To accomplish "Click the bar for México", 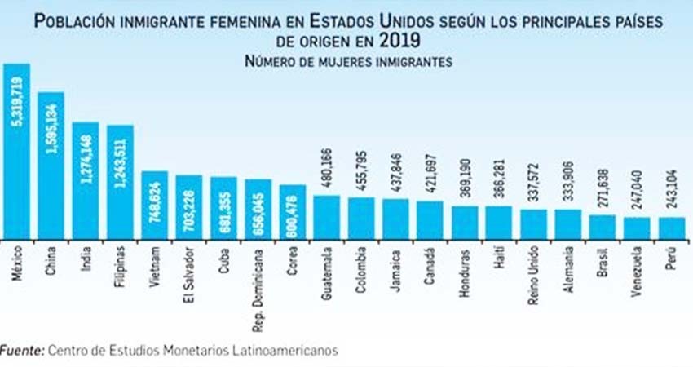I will pos(17,152).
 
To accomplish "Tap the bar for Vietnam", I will pos(154,206).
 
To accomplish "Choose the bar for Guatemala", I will pos(326,218).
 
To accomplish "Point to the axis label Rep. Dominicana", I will pos(258,281).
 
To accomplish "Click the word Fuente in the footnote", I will pos(20,350).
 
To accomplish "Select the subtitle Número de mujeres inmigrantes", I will pos(349,60).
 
